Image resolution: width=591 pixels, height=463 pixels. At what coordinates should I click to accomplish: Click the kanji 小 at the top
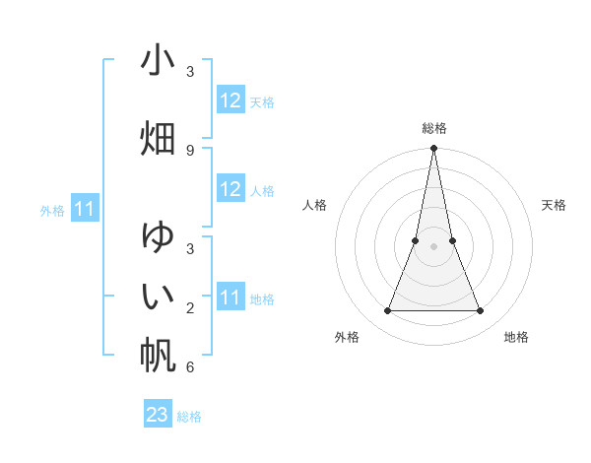(x=158, y=61)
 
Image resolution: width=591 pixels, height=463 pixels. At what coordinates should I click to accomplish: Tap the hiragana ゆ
(x=158, y=237)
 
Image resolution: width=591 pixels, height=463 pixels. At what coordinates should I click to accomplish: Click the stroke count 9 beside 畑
(x=189, y=150)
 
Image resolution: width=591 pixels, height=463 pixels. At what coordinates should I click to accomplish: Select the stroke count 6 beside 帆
(x=189, y=367)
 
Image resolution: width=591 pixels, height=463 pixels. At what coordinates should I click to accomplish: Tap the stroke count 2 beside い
(x=189, y=308)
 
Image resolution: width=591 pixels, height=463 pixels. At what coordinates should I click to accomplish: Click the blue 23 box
(x=158, y=415)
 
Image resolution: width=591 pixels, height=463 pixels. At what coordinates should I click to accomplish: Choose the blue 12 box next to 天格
(x=230, y=100)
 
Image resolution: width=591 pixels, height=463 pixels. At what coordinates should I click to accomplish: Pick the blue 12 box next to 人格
(x=230, y=189)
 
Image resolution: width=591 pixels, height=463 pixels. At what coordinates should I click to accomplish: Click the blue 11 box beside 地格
(x=230, y=298)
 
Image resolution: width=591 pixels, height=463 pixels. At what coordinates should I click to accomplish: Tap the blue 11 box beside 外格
(x=85, y=209)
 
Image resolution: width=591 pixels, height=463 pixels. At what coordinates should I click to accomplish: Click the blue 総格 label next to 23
(x=189, y=417)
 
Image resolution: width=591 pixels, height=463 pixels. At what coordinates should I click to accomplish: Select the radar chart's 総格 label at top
(x=433, y=128)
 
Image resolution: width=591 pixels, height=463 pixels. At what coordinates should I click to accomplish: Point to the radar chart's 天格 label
(x=554, y=205)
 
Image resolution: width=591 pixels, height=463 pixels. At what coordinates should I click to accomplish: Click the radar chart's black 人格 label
(x=314, y=205)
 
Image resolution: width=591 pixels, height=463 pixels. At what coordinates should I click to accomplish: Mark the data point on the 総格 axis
(x=433, y=149)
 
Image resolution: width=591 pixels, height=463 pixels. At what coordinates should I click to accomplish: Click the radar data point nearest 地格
(x=481, y=311)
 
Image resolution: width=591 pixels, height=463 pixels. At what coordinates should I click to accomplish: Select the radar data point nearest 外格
(x=387, y=311)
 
